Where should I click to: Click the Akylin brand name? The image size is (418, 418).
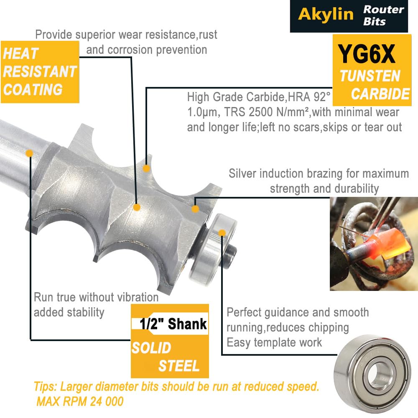(326, 14)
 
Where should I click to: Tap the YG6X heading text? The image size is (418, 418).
(367, 54)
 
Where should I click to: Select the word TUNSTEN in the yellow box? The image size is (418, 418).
(370, 76)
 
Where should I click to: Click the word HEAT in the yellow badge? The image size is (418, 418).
(21, 54)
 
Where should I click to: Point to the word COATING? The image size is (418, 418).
(33, 89)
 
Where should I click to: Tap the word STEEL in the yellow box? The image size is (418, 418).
(179, 365)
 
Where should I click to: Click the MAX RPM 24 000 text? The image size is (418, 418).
(80, 401)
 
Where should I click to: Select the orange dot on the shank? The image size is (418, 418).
(29, 153)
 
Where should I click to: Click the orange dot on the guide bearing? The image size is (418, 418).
(222, 233)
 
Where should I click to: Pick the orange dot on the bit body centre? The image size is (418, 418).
(137, 207)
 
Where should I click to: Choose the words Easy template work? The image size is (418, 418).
(274, 343)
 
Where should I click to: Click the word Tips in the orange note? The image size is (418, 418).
(45, 387)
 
